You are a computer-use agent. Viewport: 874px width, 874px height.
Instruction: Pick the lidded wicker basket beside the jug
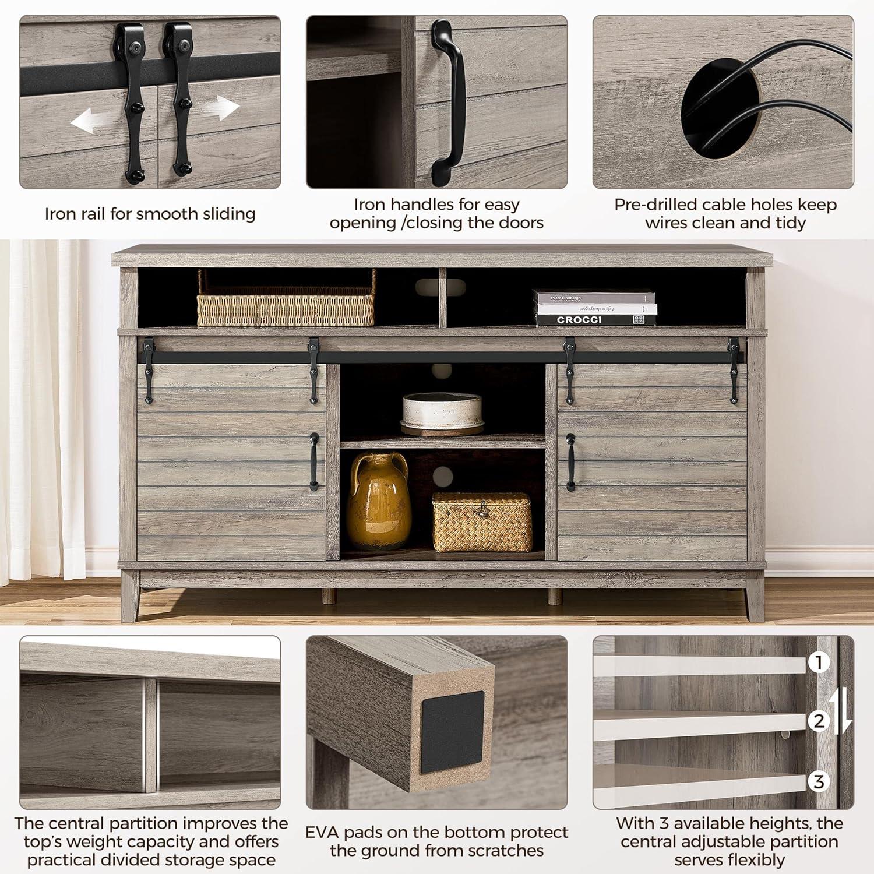[x=482, y=522]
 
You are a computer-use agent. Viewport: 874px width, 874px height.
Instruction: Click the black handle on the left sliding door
[x=314, y=461]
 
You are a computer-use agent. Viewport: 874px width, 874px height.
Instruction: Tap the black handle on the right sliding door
[x=570, y=461]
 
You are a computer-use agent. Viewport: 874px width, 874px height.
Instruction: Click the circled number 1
[x=819, y=662]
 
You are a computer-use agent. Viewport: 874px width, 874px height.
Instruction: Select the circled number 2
[x=819, y=721]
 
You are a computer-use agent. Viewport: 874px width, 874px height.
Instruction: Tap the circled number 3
[x=819, y=781]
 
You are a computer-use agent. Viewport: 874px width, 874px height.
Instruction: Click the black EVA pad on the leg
[x=452, y=732]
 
